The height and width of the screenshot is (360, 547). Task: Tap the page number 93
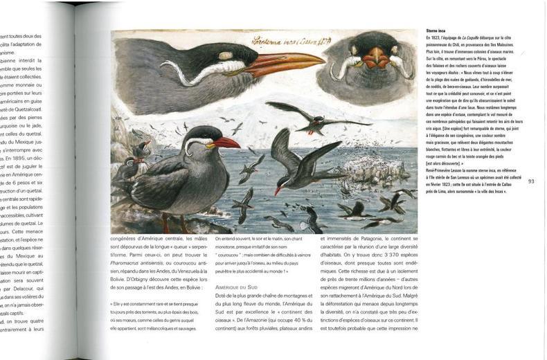[x=531, y=181]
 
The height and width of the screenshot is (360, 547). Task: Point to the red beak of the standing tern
[x=226, y=144]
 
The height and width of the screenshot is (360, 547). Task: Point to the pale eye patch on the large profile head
[x=224, y=55]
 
